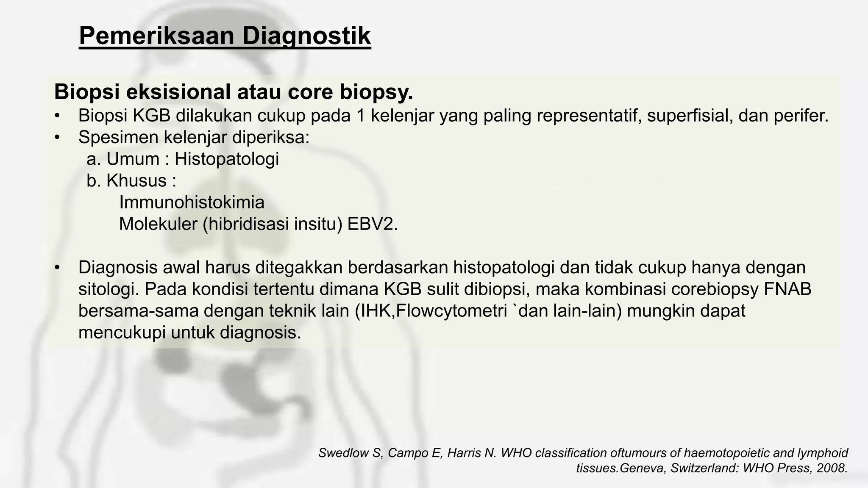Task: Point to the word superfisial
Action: click(x=689, y=116)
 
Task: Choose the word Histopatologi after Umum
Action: click(x=227, y=159)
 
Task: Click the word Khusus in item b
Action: click(x=136, y=181)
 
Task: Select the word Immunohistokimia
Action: click(x=192, y=202)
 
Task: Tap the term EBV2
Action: click(x=373, y=224)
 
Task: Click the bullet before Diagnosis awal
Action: click(x=58, y=268)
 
